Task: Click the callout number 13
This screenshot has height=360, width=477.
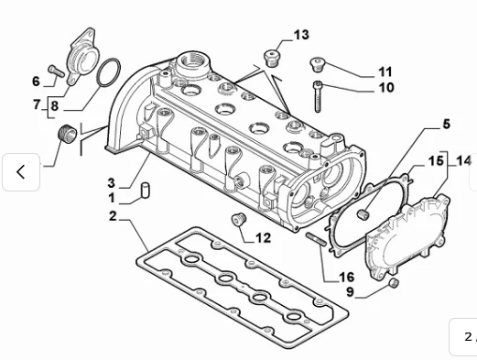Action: click(301, 36)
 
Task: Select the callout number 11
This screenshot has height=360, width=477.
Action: click(385, 71)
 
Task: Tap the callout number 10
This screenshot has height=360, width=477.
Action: click(385, 88)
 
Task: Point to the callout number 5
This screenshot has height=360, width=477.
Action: click(446, 124)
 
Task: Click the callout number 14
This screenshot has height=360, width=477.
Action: click(463, 160)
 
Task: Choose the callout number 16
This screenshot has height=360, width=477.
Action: click(346, 277)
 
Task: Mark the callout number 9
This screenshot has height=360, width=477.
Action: click(349, 292)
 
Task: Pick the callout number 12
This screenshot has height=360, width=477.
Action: click(263, 238)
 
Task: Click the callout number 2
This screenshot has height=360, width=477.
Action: click(113, 216)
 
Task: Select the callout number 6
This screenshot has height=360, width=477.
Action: click(37, 82)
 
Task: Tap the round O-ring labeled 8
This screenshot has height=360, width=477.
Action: click(107, 72)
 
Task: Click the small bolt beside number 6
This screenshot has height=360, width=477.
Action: click(55, 69)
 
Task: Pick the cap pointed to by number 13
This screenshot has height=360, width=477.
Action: click(272, 58)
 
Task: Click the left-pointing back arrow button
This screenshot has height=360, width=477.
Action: click(20, 171)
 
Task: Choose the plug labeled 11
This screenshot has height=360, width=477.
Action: click(319, 63)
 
